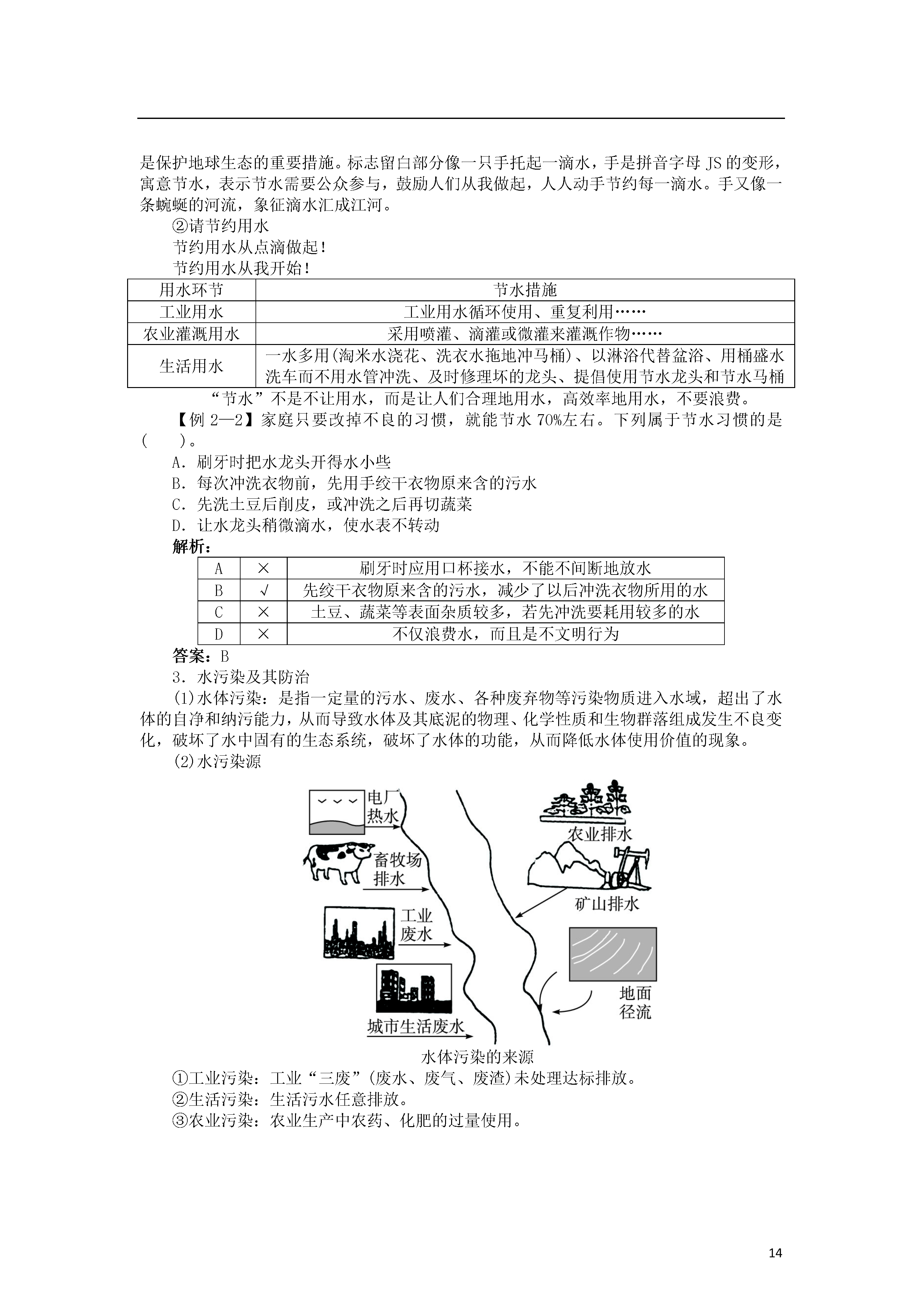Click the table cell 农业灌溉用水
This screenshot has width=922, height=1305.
click(191, 334)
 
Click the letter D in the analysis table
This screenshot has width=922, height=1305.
click(219, 634)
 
